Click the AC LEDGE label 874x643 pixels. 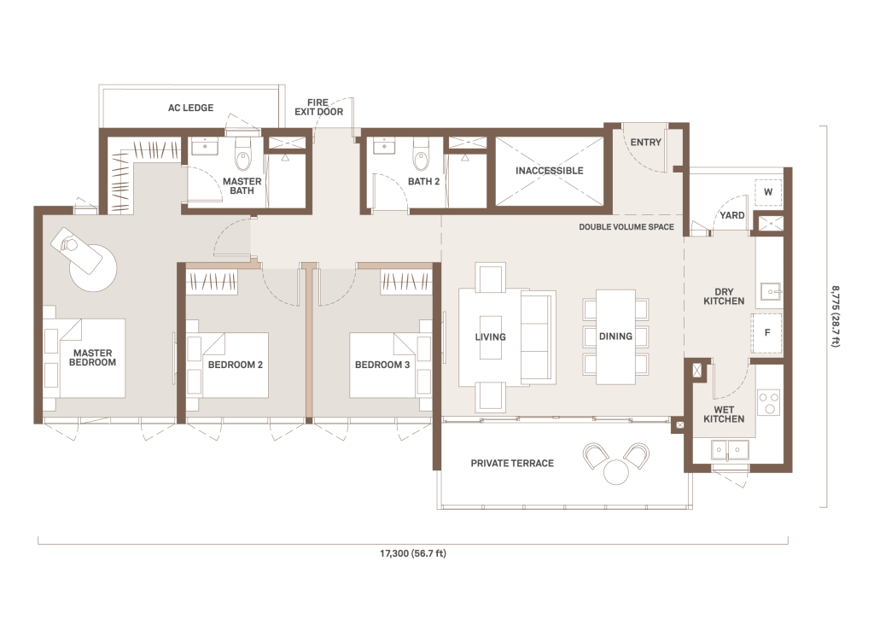190,108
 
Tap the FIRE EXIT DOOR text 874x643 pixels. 319,107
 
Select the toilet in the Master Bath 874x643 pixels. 243,154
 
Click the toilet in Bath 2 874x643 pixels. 421,154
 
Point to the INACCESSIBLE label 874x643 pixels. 549,171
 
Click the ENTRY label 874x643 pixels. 646,143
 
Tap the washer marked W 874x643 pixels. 768,192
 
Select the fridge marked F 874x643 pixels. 767,333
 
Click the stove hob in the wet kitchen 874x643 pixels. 770,403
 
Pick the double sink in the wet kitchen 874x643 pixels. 730,449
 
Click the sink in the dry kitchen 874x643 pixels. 772,292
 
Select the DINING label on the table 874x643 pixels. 616,336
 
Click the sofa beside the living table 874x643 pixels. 539,337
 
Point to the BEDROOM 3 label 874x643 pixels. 382,365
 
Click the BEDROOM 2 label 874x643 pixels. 236,365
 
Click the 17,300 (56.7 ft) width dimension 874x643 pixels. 413,553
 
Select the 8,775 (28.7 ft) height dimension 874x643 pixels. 835,316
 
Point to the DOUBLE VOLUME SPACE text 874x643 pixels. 626,227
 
